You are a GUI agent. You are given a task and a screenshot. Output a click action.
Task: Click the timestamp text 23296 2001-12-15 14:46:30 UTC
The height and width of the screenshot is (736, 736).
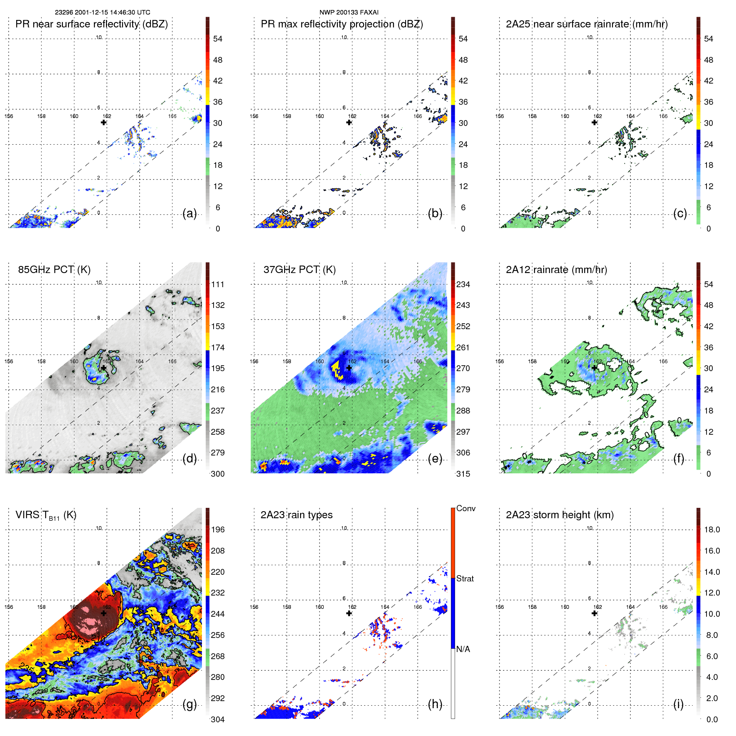(x=103, y=12)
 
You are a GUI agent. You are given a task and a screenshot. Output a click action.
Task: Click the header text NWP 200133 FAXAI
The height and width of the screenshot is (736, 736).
(x=349, y=12)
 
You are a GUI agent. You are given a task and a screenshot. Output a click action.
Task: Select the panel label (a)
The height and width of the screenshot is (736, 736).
(x=190, y=214)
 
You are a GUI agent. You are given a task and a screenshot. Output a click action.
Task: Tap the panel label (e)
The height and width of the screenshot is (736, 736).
(x=435, y=459)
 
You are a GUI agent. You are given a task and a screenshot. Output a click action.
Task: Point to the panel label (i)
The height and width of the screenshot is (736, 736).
(x=678, y=704)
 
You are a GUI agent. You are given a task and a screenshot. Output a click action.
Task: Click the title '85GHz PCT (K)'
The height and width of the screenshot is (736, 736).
(x=54, y=270)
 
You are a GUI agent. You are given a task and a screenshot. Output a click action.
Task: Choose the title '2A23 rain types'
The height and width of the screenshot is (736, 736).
(x=296, y=515)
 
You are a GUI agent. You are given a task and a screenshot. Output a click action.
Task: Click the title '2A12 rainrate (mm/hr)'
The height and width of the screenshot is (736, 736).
(x=556, y=270)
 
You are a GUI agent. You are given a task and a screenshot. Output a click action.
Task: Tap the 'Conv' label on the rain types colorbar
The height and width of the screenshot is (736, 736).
(x=466, y=508)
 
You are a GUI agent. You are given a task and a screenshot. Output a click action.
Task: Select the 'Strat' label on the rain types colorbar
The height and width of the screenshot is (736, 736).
(x=465, y=578)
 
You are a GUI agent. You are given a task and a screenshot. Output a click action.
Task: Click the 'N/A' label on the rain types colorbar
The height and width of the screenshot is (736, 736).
(x=463, y=649)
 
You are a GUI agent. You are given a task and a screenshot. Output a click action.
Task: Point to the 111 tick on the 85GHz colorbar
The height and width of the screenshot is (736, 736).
(x=218, y=284)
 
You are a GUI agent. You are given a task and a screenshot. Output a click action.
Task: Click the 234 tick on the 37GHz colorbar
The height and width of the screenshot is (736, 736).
(x=463, y=284)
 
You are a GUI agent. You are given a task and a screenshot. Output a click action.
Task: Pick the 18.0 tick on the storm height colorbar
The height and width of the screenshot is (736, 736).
(x=712, y=529)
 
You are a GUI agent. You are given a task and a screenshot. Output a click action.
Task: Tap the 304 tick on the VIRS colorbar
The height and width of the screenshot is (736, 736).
(x=218, y=719)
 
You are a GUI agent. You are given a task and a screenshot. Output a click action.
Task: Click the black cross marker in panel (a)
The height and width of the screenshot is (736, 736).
(x=103, y=122)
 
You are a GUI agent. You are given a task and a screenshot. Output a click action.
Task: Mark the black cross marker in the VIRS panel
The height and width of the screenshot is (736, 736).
(x=103, y=613)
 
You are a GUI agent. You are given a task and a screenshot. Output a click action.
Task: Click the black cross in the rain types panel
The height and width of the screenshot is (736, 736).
(x=349, y=613)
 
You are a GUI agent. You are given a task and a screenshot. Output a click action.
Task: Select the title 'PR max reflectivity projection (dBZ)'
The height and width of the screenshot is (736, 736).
(x=342, y=24)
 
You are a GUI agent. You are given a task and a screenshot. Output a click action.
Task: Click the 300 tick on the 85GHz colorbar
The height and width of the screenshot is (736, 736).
(x=218, y=474)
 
